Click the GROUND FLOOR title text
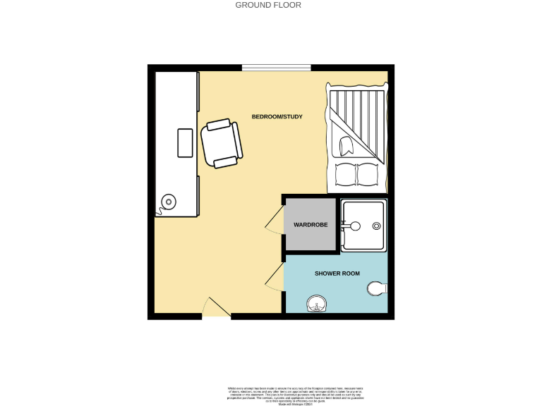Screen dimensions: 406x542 [267, 5]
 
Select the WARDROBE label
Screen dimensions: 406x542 [311, 225]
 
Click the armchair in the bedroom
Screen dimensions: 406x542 [222, 144]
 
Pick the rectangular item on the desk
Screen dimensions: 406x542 [185, 143]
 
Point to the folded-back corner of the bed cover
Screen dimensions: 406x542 [347, 145]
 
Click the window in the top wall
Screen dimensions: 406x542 [277, 68]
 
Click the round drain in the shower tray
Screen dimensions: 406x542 [376, 226]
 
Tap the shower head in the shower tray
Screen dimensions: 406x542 [354, 226]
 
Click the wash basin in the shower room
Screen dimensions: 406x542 [317, 304]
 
